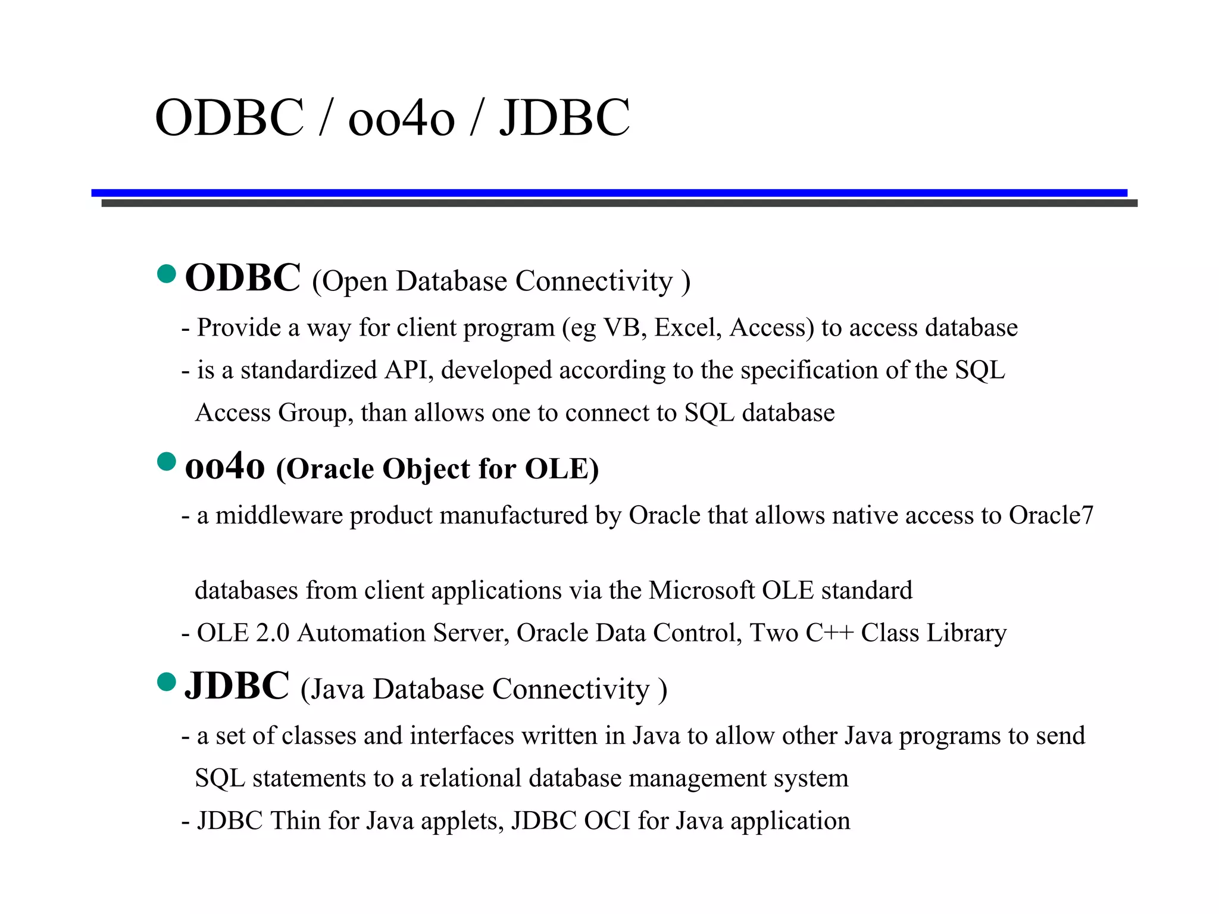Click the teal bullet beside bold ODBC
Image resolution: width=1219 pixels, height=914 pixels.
(x=167, y=274)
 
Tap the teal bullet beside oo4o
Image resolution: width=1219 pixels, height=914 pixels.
(x=167, y=462)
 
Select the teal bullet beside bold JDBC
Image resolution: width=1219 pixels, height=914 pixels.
(x=167, y=682)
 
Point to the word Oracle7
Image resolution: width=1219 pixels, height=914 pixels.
(x=1051, y=515)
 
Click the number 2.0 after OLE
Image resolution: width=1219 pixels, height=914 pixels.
(x=273, y=633)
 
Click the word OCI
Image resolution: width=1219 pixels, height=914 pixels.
(x=607, y=821)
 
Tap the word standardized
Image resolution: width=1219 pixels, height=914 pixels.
(x=308, y=371)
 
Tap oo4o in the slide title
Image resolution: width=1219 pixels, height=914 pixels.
(x=401, y=119)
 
